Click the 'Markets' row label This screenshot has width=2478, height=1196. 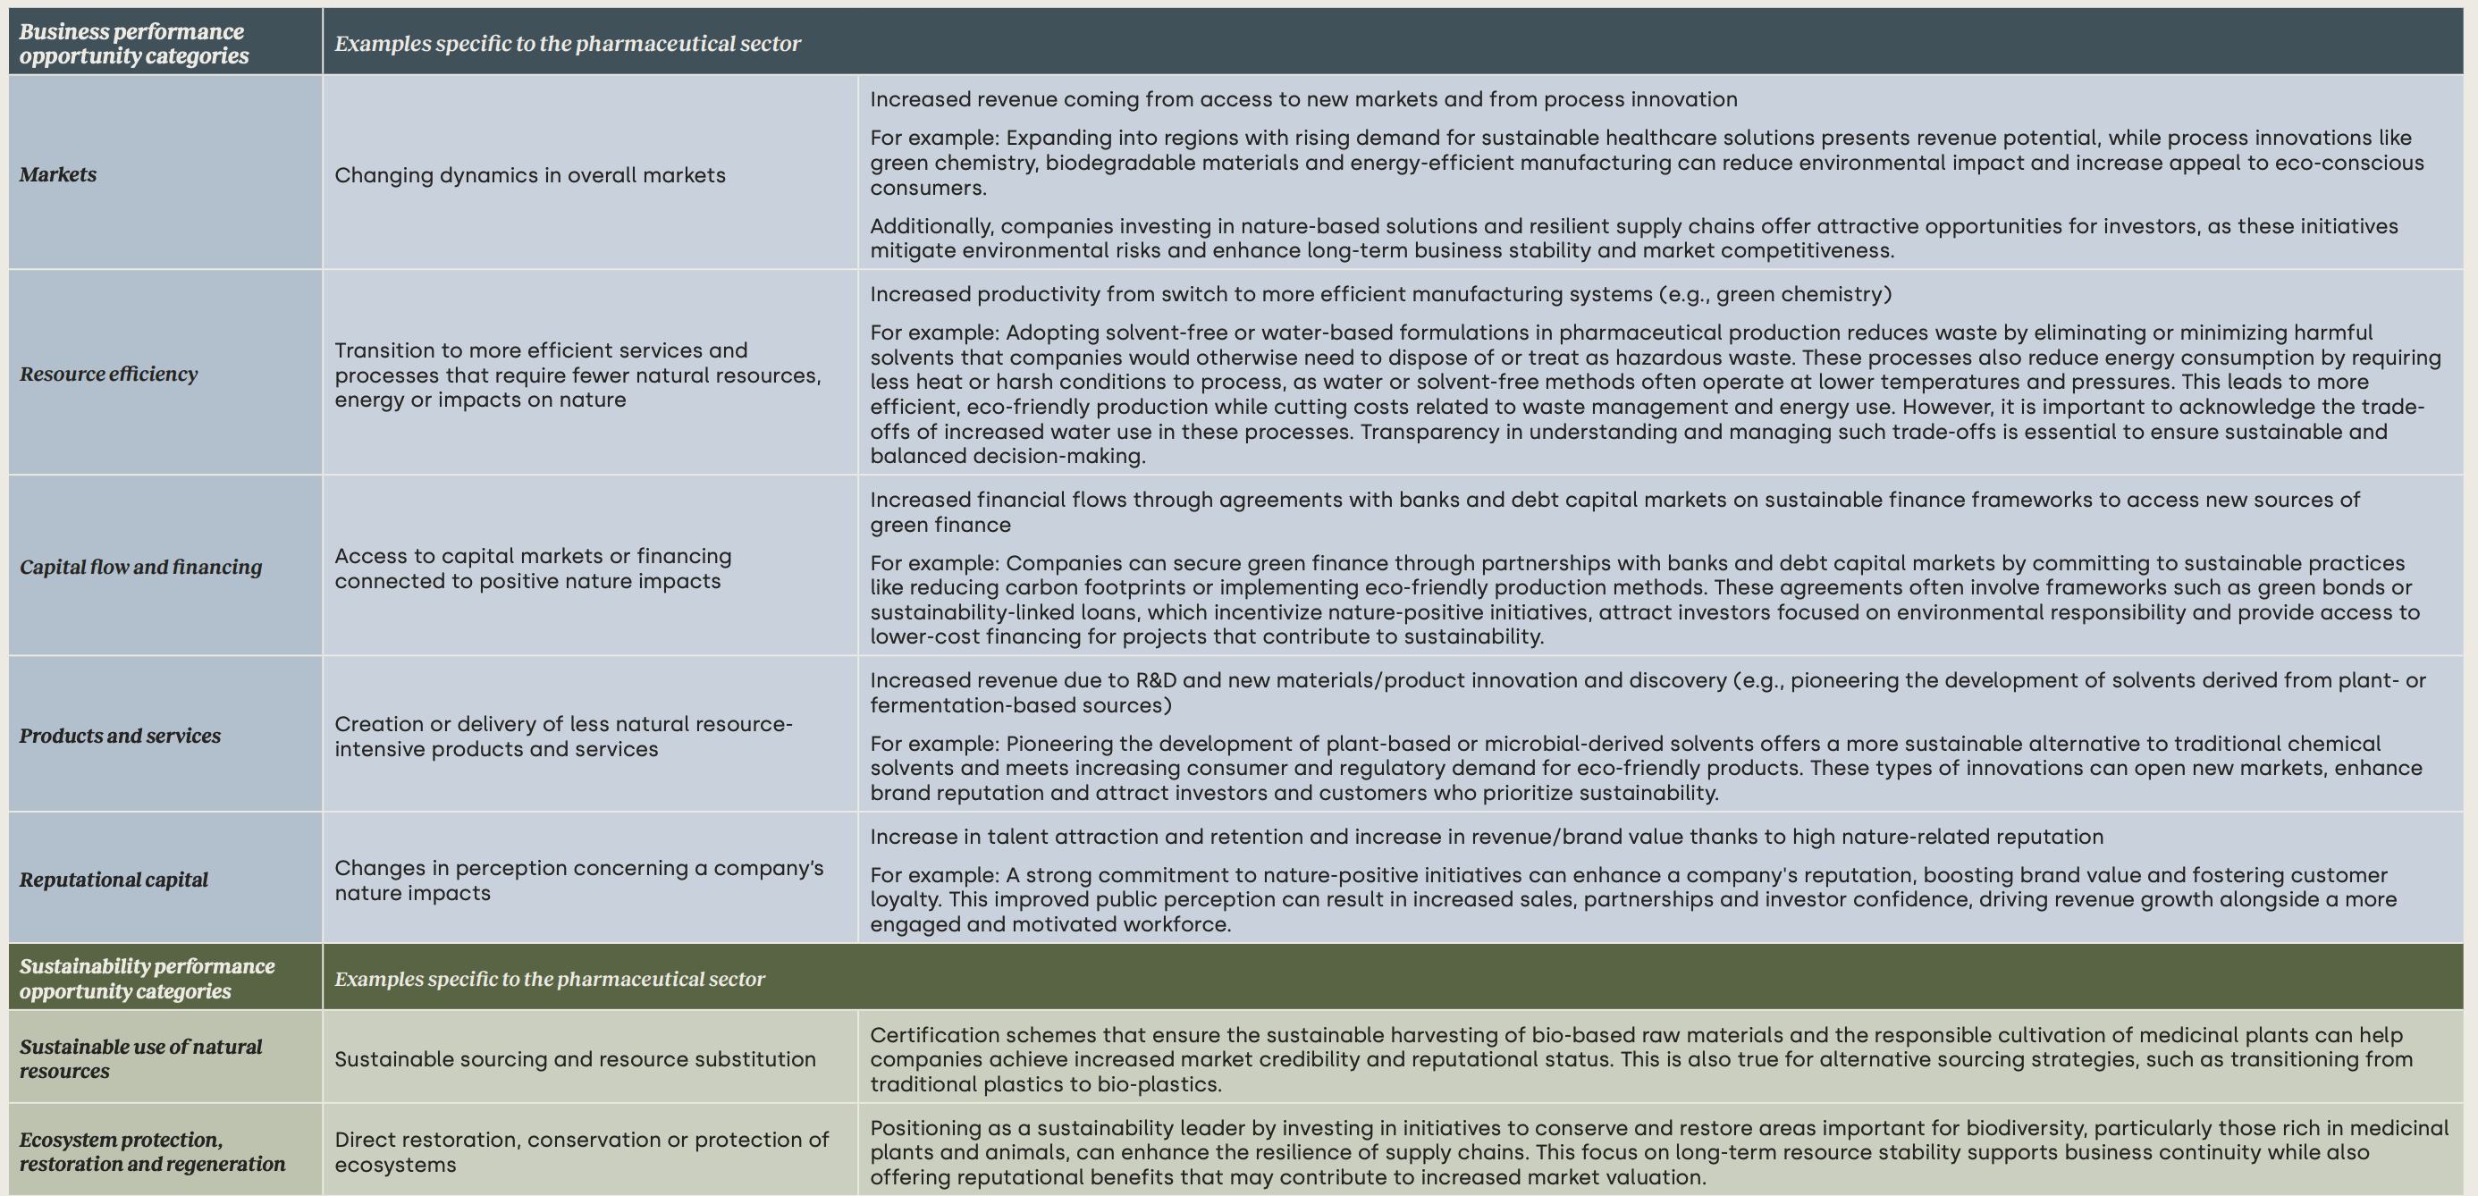[58, 174]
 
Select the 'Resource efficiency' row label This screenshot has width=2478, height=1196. [109, 374]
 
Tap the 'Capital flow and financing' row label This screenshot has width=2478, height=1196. [140, 567]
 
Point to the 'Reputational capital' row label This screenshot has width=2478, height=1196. [114, 880]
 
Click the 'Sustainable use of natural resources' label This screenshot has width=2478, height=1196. [140, 1058]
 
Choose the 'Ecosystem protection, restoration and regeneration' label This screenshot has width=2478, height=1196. [152, 1151]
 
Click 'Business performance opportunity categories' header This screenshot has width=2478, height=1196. [134, 43]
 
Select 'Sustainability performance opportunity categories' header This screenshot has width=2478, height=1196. [147, 978]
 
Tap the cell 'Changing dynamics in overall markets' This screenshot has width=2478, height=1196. [530, 175]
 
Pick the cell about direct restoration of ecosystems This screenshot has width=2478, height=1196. [581, 1151]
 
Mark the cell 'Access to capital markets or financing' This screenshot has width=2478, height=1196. [533, 569]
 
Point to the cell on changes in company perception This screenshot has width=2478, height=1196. [579, 880]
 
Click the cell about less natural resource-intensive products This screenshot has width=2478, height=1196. [564, 736]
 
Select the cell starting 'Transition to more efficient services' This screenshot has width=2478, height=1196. [577, 375]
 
